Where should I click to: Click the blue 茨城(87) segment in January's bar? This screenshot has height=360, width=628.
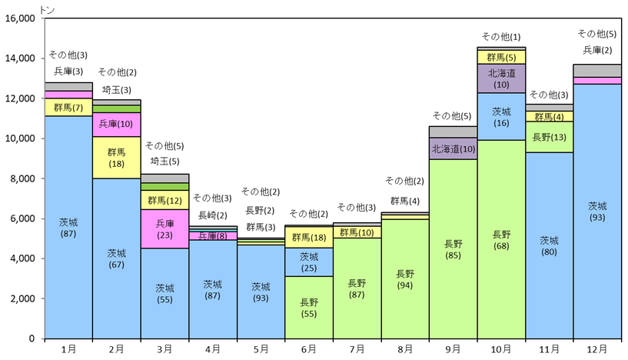(68, 227)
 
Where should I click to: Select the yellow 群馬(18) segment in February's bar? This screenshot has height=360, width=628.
(117, 158)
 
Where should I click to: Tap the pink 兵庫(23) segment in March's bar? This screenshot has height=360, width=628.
(164, 229)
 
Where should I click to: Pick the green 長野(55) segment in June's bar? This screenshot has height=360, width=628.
(309, 308)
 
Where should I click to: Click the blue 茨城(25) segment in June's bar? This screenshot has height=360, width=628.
(309, 262)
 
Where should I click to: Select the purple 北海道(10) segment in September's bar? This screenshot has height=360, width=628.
(453, 148)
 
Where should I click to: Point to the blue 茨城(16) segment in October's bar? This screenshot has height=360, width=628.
(501, 117)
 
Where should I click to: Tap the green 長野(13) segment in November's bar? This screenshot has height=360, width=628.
(549, 137)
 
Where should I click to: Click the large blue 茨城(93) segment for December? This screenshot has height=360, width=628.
(597, 212)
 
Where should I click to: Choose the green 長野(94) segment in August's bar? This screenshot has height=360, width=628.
(405, 279)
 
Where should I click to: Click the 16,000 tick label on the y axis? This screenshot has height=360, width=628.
(20, 18)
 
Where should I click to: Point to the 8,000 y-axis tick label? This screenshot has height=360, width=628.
(22, 178)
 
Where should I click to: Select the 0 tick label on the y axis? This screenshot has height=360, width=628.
(32, 338)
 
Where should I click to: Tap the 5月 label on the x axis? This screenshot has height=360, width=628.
(261, 349)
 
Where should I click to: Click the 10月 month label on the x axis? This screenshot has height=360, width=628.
(501, 349)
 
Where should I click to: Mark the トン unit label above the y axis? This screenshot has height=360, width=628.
(47, 10)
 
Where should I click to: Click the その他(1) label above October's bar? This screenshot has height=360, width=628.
(501, 37)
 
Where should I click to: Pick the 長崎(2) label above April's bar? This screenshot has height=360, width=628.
(213, 215)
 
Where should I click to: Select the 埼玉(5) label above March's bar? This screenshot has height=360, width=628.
(164, 162)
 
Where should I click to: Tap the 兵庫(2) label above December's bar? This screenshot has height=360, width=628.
(597, 50)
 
